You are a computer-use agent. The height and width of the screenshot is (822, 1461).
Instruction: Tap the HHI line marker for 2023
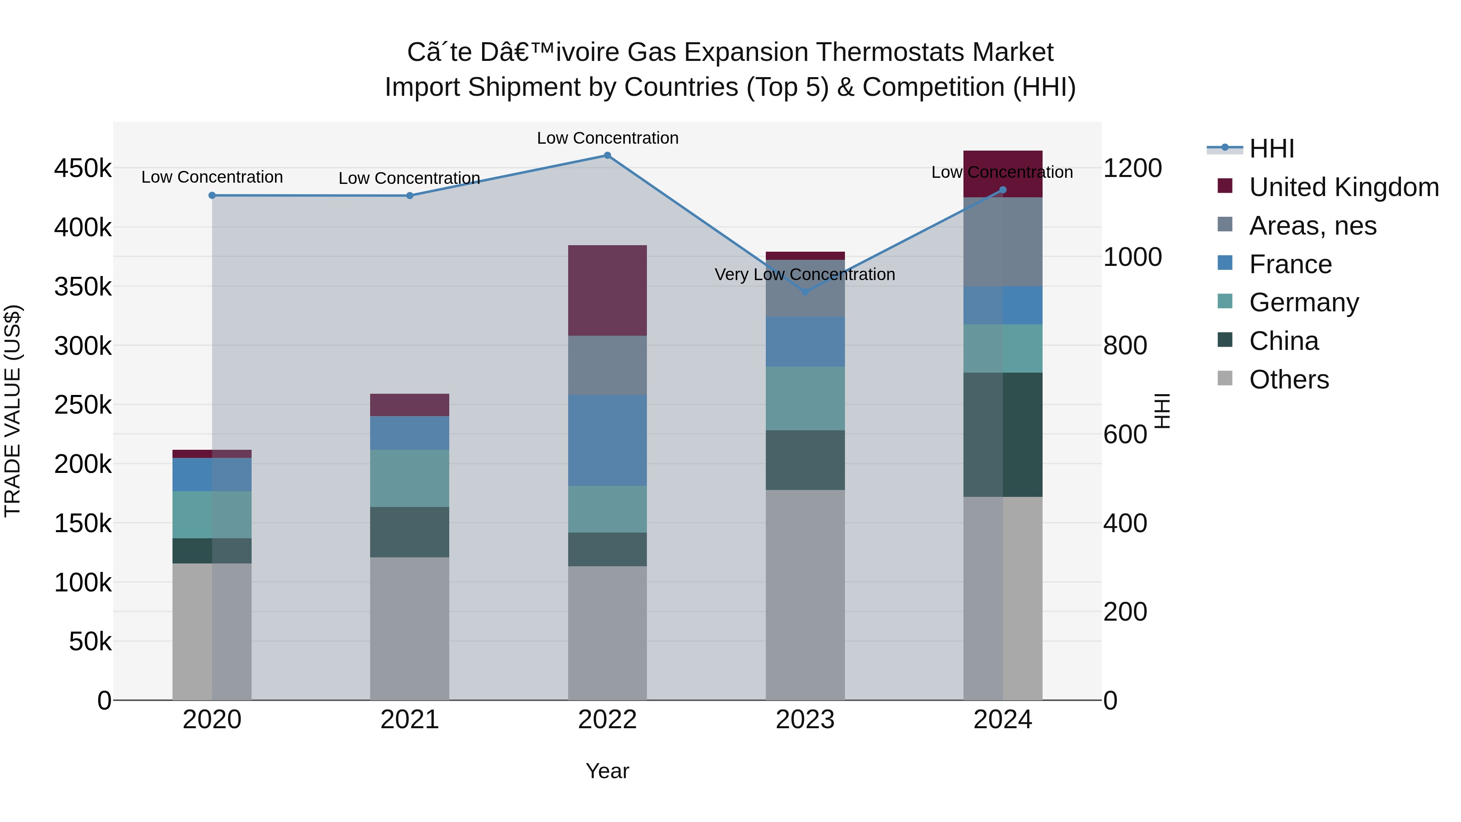[805, 291]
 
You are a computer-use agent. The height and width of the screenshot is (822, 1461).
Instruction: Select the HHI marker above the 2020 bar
[212, 195]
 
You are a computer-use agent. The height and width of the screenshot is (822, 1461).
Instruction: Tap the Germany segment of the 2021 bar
[409, 478]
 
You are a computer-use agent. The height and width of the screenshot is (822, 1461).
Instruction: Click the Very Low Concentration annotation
[805, 274]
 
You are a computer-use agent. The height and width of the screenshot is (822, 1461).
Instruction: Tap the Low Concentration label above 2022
[608, 138]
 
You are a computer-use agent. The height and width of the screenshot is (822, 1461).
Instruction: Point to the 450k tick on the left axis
[83, 168]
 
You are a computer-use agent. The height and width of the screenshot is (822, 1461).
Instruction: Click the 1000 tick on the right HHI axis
[1132, 257]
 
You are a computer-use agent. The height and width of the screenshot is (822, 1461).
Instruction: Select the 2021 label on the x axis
[409, 720]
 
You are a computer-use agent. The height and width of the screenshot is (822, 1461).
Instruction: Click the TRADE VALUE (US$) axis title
[13, 411]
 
